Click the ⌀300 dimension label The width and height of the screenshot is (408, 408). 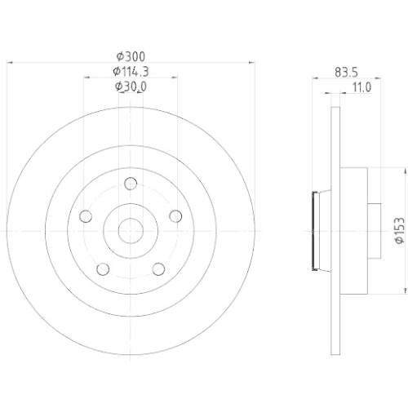[x=131, y=55]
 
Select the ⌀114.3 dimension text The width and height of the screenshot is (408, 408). [x=131, y=71]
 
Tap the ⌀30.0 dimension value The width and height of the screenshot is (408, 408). [x=131, y=86]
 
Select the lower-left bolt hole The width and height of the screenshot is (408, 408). [x=102, y=270]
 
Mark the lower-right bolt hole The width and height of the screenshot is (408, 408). [x=159, y=270]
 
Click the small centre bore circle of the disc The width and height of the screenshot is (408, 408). [x=131, y=230]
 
